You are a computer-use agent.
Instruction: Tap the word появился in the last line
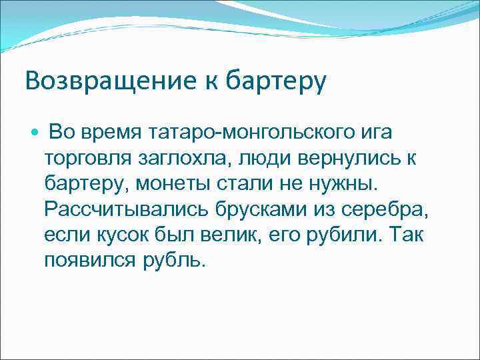click(x=91, y=260)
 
